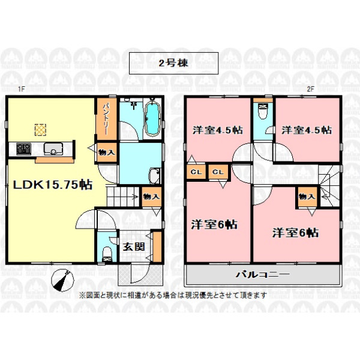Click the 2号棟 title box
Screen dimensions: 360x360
tap(173, 63)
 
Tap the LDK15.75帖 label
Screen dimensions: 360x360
tap(53, 185)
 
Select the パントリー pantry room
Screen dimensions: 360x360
tap(107, 119)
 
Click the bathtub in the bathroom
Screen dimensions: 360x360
tap(152, 119)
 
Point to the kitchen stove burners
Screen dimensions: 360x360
tap(23, 149)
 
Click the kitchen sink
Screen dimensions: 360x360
tap(53, 149)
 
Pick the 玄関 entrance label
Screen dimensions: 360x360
tap(134, 247)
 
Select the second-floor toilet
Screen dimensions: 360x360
tap(263, 112)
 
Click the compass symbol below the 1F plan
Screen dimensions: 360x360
tap(62, 280)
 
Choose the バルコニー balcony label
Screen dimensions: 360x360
tap(263, 274)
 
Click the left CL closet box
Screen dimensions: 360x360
tap(196, 172)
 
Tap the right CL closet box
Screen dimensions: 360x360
tap(218, 172)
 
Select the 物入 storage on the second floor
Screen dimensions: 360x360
tap(307, 197)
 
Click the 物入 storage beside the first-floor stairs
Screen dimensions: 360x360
tap(151, 197)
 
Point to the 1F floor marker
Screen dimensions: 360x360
tap(21, 89)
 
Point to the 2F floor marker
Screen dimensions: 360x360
tap(310, 89)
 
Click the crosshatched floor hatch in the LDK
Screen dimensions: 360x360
tap(40, 130)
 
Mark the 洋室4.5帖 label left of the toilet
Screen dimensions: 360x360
tap(218, 130)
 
